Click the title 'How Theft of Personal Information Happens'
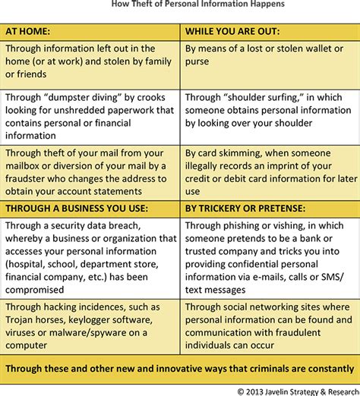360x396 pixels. click(180, 5)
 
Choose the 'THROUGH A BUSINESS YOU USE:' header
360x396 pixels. click(91, 206)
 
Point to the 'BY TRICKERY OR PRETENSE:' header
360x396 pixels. click(269, 206)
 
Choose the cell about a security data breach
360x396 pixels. click(91, 256)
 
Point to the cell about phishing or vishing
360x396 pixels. click(269, 256)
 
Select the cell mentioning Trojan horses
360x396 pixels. click(91, 324)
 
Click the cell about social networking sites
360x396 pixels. click(269, 324)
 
